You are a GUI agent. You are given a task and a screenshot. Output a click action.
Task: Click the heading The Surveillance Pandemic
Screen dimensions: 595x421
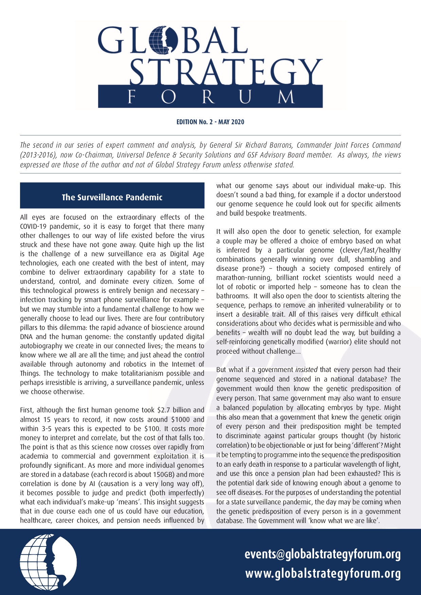(x=112, y=197)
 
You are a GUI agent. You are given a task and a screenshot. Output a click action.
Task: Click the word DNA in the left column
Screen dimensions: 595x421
(x=26, y=337)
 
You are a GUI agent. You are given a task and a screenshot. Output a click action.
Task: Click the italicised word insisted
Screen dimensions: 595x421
(x=306, y=370)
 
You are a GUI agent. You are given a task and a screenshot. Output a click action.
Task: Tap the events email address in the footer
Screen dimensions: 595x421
(x=323, y=554)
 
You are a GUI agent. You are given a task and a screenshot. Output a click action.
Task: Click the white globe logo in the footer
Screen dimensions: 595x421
(x=48, y=562)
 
